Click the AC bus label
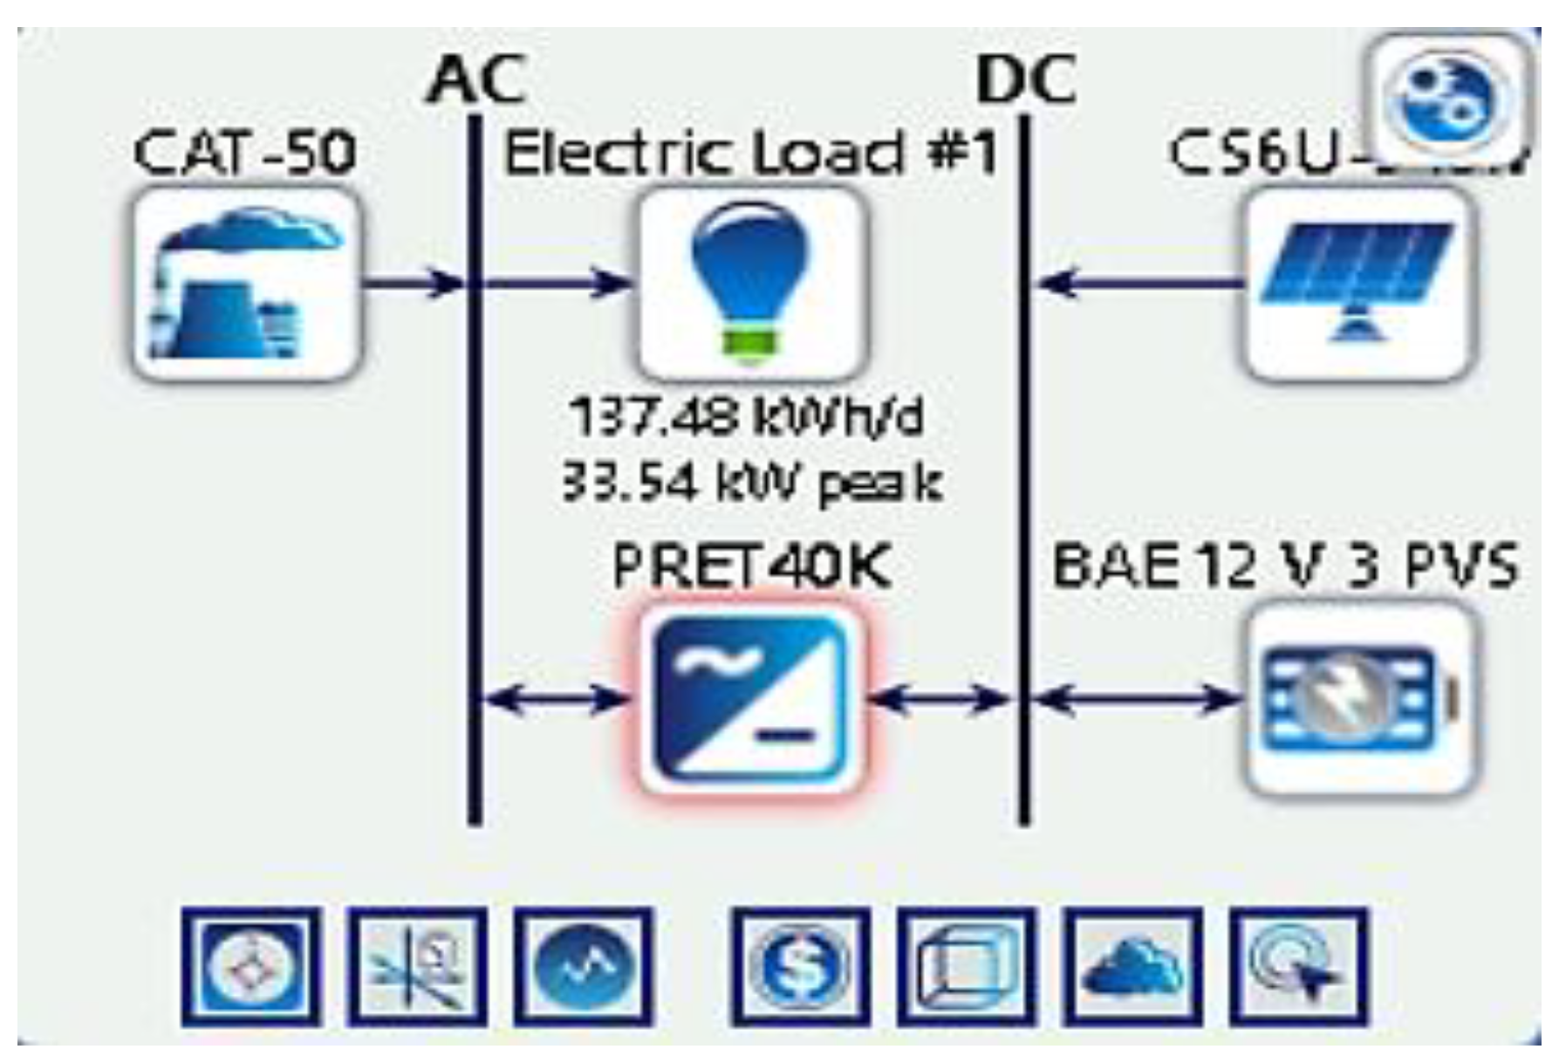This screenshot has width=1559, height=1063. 476,80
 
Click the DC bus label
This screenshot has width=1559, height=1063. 1026,80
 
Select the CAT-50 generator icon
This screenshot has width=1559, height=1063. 247,285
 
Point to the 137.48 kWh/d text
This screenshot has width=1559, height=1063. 746,417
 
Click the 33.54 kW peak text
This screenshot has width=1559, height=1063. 750,482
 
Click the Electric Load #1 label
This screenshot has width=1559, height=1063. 750,154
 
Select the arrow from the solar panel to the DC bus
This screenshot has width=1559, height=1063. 1138,283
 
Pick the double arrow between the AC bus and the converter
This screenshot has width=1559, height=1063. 555,698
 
